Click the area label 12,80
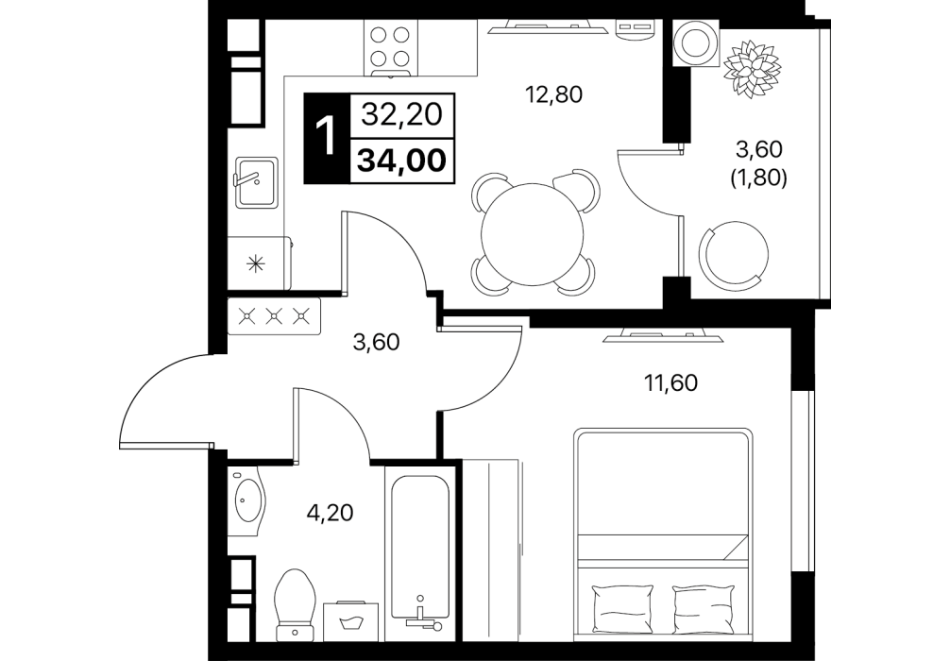(x=553, y=94)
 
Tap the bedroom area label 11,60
(x=670, y=382)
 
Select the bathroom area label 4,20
(x=330, y=513)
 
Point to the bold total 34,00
(x=402, y=161)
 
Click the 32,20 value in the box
(x=402, y=113)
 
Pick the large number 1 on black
(x=327, y=138)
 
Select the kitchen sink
(x=256, y=181)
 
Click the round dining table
(x=532, y=234)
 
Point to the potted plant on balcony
(x=752, y=68)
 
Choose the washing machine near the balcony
(x=694, y=42)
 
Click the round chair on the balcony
(x=734, y=254)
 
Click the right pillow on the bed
(x=703, y=608)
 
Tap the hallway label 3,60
(x=376, y=343)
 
